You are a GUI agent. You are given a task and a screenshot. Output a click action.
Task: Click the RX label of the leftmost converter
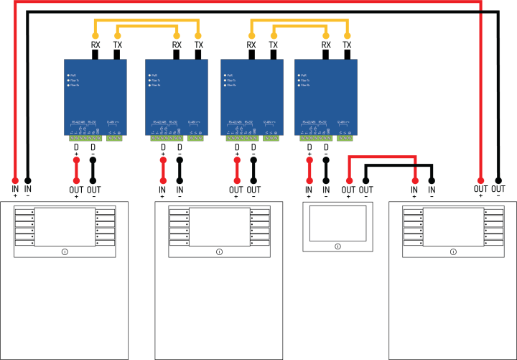[x=95, y=45]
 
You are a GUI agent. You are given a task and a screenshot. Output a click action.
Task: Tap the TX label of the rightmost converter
[x=348, y=45]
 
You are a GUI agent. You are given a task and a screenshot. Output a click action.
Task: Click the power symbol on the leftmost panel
[x=64, y=251]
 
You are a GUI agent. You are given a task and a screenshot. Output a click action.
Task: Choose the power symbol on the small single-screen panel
[x=337, y=246]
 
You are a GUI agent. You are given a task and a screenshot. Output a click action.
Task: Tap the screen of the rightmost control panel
[x=453, y=226]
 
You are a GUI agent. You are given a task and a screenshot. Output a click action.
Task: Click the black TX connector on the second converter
[x=198, y=55]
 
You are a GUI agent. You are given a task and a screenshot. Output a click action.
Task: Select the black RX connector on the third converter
[x=251, y=55]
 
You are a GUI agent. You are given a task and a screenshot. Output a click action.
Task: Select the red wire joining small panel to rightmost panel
[x=381, y=156]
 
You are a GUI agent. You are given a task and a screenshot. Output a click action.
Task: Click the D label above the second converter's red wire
[x=163, y=147]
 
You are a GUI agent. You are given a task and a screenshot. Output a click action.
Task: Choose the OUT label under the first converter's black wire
[x=93, y=190]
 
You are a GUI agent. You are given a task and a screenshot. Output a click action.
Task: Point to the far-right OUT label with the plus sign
[x=481, y=189]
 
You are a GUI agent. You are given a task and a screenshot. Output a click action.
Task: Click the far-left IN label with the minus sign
[x=28, y=189]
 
